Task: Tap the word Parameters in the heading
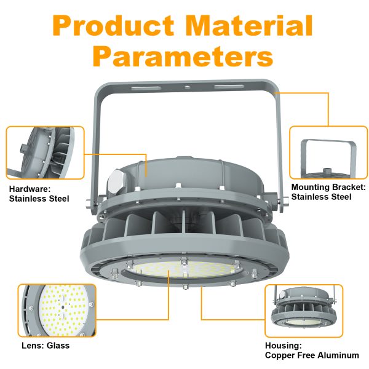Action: [185, 57]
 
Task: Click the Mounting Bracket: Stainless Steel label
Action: [328, 192]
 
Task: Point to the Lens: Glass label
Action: [44, 346]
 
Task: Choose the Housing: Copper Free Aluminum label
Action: [312, 351]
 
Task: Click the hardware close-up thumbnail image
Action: [45, 153]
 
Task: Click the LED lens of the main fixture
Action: [184, 269]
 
